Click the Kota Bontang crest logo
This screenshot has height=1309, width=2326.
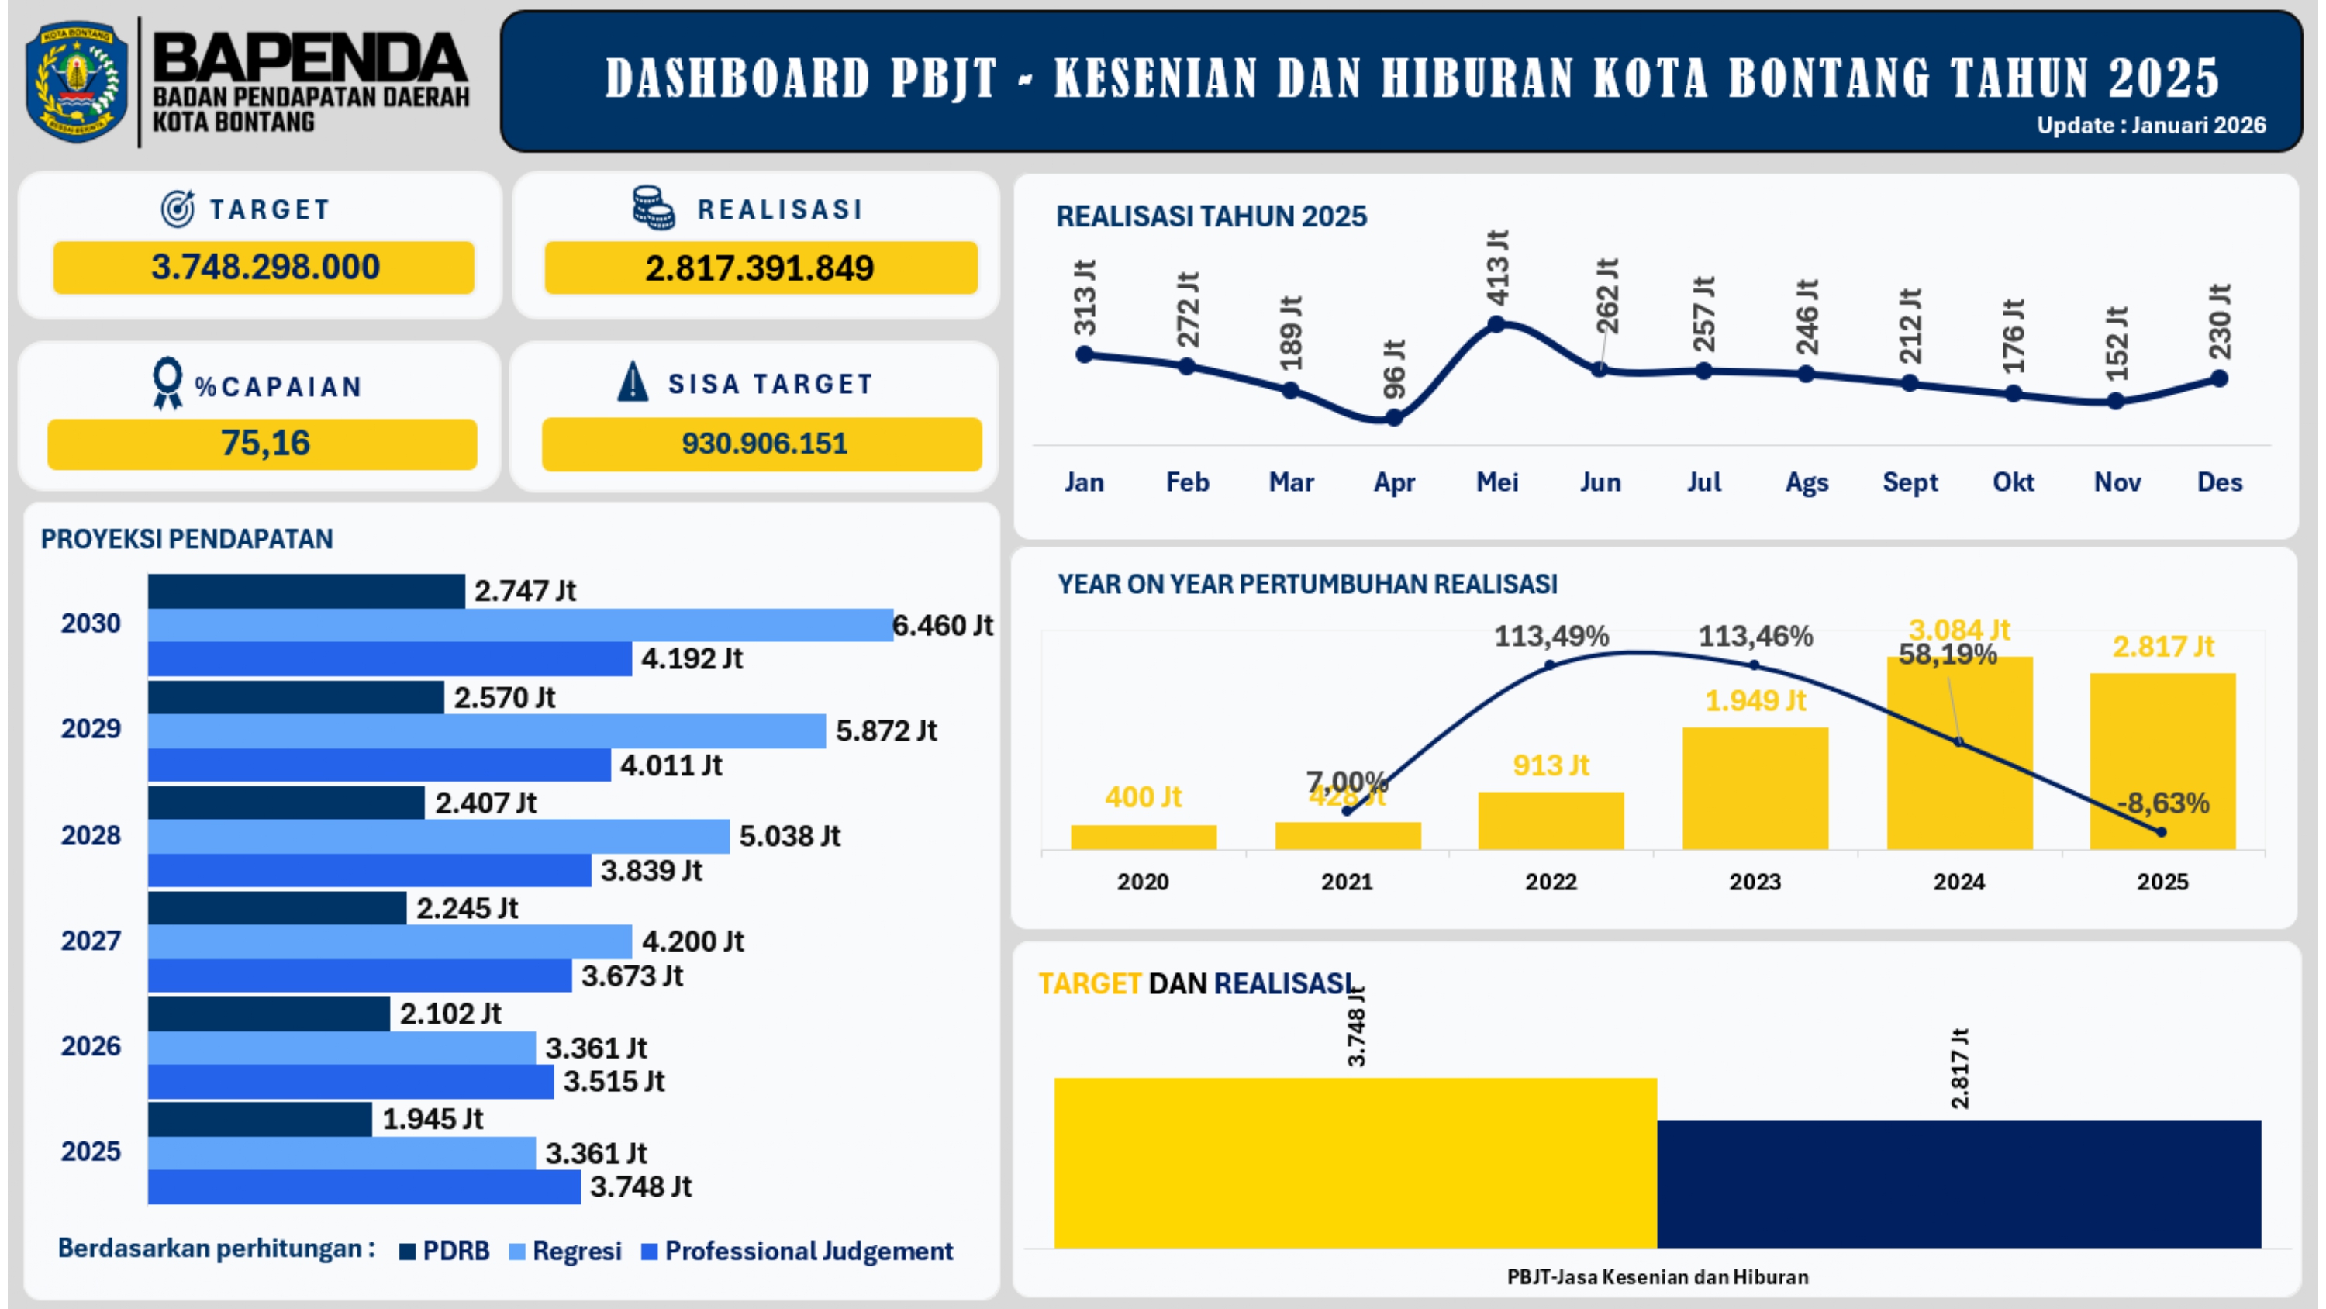(x=77, y=81)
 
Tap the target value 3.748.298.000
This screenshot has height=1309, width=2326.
(x=264, y=268)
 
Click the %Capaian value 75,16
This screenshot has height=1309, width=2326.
(x=264, y=444)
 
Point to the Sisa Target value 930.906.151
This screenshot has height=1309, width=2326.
(x=764, y=444)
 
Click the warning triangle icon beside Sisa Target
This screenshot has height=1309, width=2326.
(x=632, y=382)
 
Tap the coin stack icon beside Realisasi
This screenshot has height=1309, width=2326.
(x=653, y=208)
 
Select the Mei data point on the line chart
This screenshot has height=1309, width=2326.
(x=1496, y=323)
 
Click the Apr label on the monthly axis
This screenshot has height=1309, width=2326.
(x=1393, y=482)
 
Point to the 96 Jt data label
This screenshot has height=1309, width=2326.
(x=1395, y=368)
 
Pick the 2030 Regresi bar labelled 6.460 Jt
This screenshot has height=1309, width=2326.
(x=520, y=625)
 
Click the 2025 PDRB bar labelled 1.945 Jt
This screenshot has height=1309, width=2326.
(x=260, y=1119)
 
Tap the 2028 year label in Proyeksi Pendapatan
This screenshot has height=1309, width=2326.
(x=90, y=836)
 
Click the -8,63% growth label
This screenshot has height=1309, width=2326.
(x=2162, y=802)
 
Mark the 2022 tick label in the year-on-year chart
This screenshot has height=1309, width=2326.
(x=1551, y=882)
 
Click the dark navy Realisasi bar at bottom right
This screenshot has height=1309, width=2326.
(x=1958, y=1183)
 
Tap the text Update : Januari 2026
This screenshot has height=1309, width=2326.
(x=2151, y=126)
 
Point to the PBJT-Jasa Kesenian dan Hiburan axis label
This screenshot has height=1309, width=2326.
(x=1657, y=1277)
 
